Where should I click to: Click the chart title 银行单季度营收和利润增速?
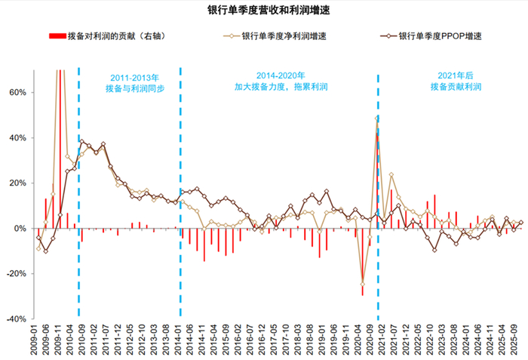pos(263,10)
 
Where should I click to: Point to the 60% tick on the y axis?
pos(17,92)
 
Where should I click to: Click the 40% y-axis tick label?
pos(17,137)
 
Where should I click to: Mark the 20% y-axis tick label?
pos(17,183)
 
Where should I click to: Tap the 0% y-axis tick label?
pos(20,228)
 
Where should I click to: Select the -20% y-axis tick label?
pos(16,273)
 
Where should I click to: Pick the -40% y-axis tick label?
pos(16,318)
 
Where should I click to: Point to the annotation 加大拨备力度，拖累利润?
pos(280,88)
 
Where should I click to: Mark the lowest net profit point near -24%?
pos(363,283)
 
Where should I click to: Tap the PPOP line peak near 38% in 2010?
pos(82,141)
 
